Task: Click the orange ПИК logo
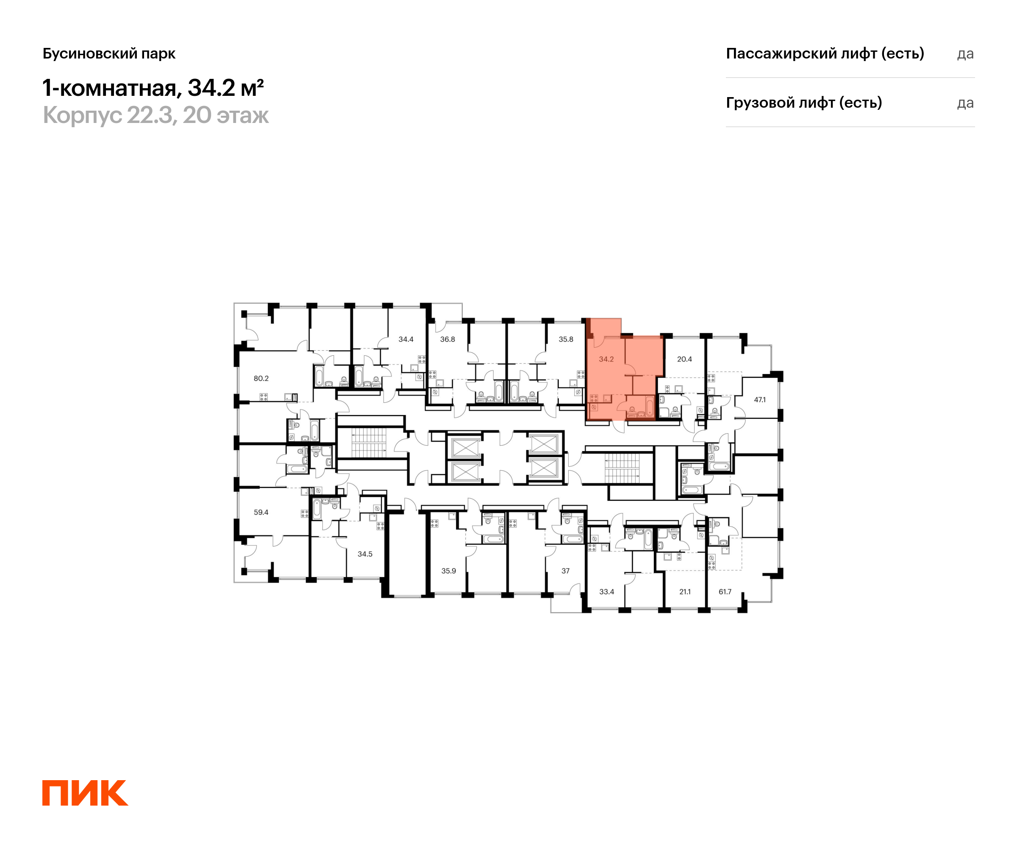(x=85, y=793)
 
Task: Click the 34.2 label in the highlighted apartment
(x=606, y=359)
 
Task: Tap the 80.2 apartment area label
(x=261, y=379)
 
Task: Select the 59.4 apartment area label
(x=261, y=512)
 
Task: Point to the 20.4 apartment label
(x=684, y=359)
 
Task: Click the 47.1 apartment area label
(x=760, y=400)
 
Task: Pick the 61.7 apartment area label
(x=725, y=591)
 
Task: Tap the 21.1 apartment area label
(x=685, y=591)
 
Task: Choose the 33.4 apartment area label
(x=607, y=591)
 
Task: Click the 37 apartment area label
(x=566, y=571)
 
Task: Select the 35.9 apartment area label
(x=448, y=571)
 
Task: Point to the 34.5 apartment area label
(x=365, y=554)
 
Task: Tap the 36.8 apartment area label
(x=447, y=339)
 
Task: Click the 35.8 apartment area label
(x=566, y=339)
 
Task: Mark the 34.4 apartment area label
(x=406, y=339)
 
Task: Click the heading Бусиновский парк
(x=109, y=54)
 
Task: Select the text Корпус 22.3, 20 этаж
(x=156, y=115)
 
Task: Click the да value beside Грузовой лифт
(x=965, y=103)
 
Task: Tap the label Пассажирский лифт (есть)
(x=825, y=53)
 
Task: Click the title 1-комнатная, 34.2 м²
(x=153, y=88)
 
